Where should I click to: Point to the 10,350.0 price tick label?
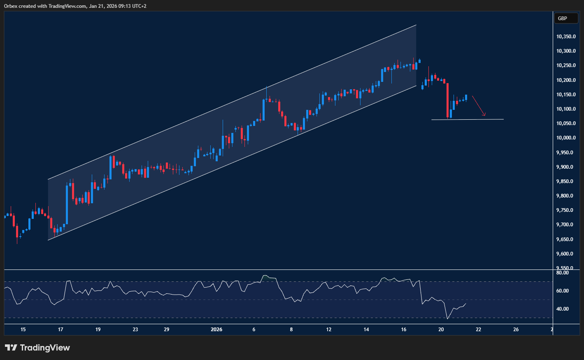coord(566,37)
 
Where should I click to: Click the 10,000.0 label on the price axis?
coord(566,138)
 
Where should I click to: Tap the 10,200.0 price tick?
coord(566,80)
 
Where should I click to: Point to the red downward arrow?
coord(479,106)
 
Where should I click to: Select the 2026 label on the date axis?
coord(216,330)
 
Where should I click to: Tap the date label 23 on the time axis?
coord(135,330)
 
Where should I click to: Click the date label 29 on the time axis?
coord(166,330)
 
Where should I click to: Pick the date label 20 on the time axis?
coord(441,330)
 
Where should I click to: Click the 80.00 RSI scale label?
coord(562,273)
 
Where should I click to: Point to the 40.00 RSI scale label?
coord(562,309)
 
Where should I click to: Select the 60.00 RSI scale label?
coord(562,291)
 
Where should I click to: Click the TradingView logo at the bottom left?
coord(37,348)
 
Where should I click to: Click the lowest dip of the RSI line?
coord(447,318)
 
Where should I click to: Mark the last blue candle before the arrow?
coord(466,98)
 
